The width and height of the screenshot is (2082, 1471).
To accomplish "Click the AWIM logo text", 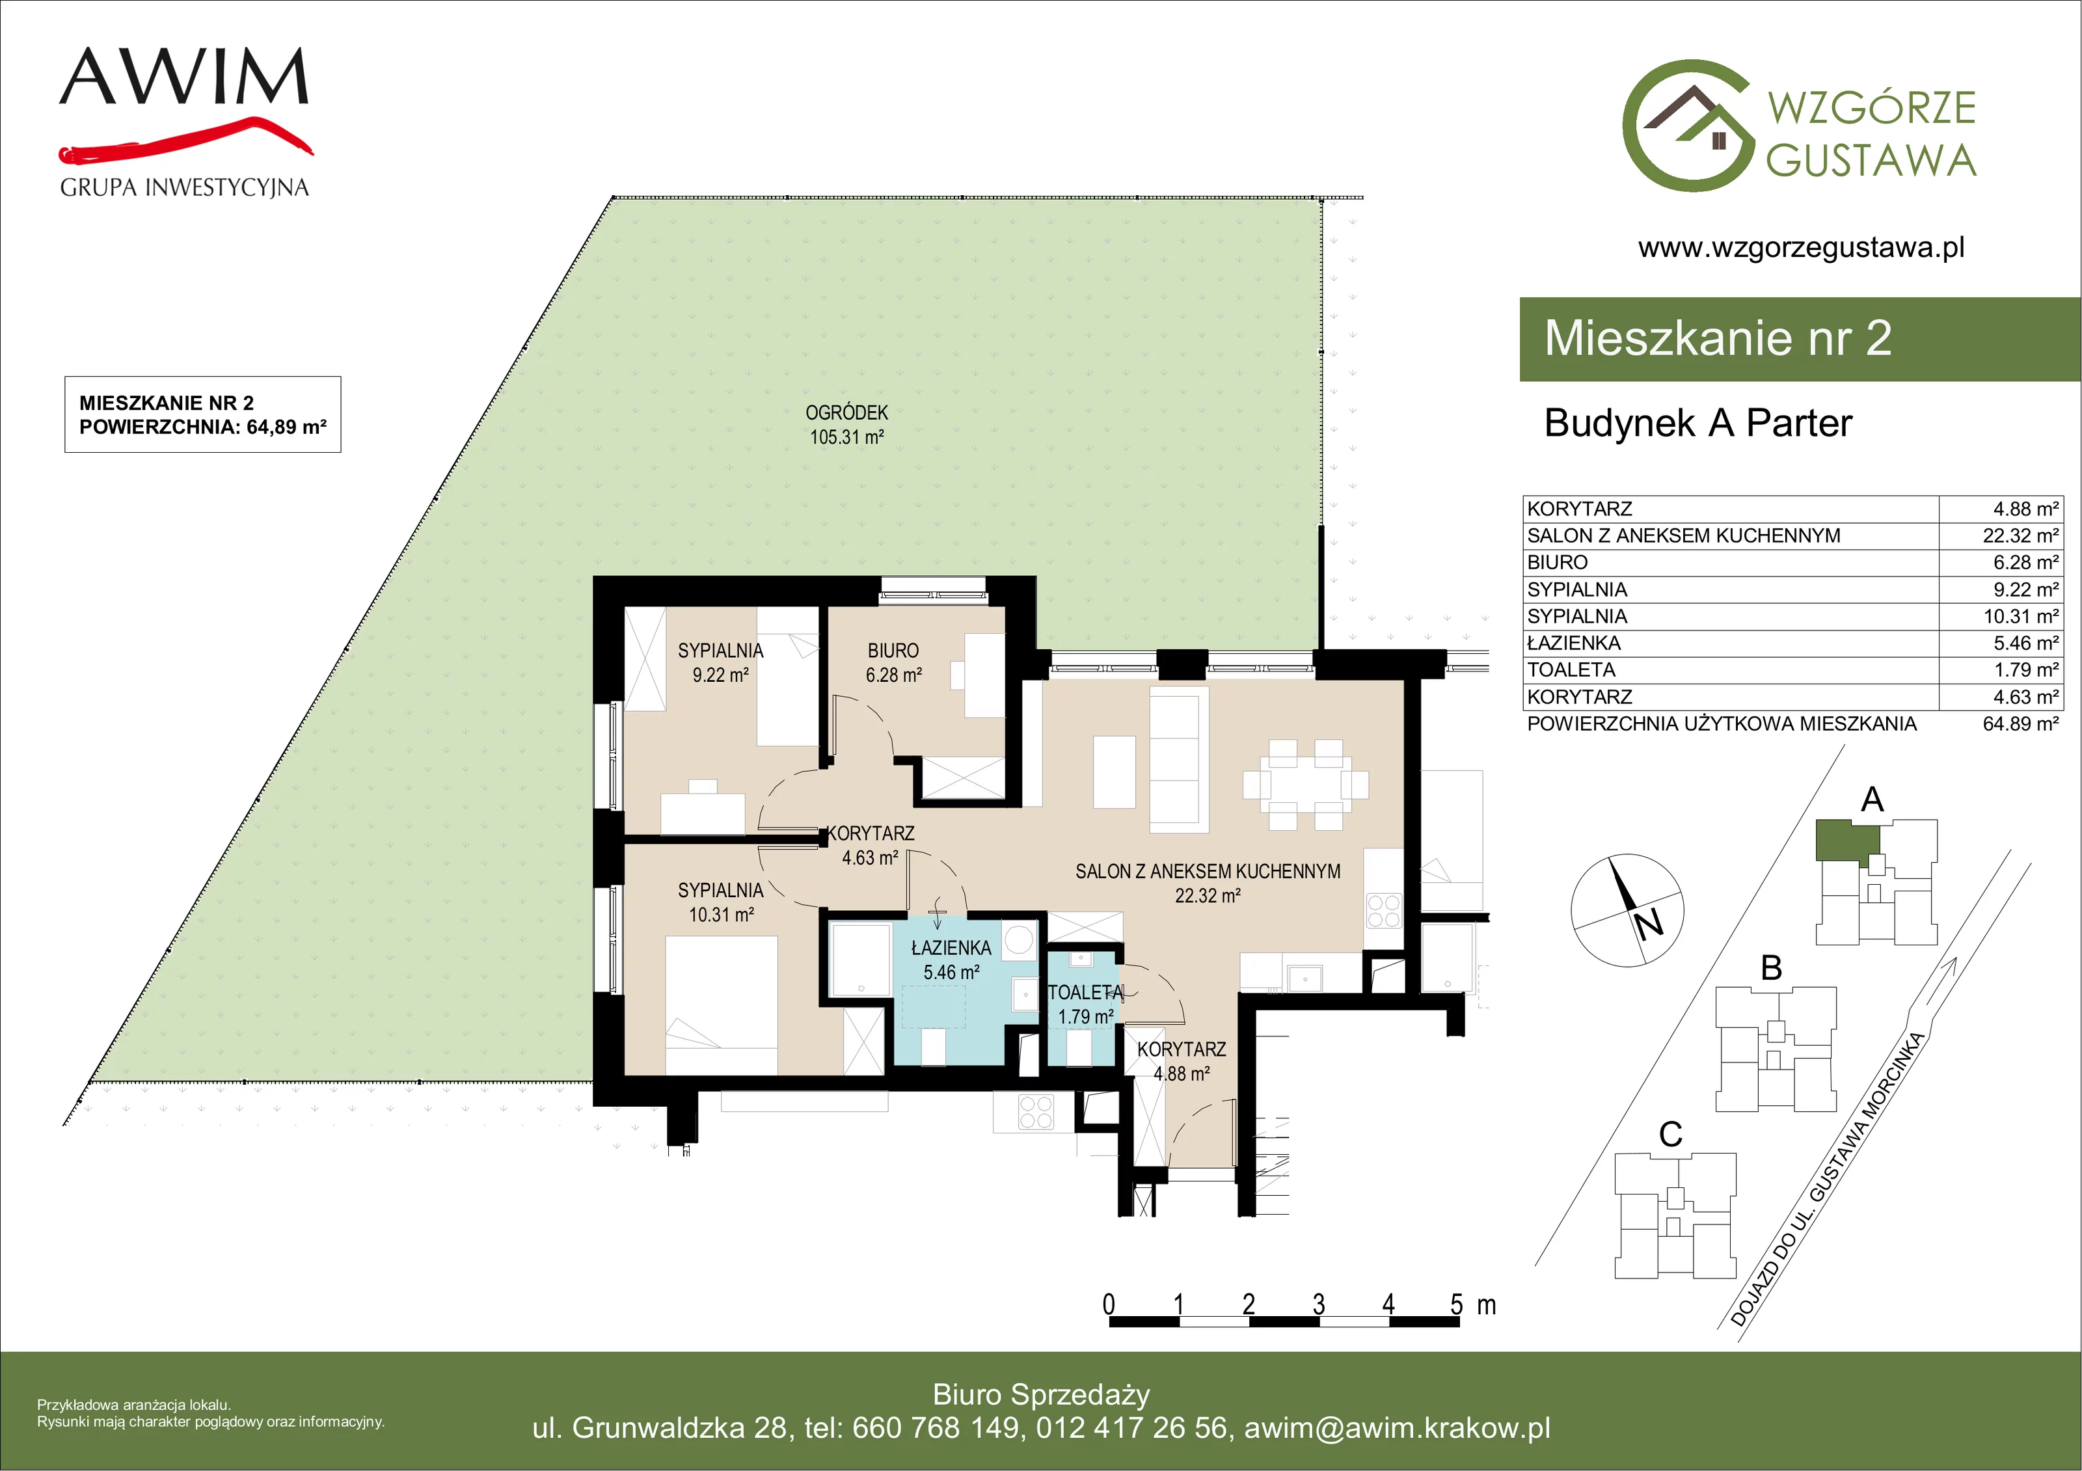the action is tap(184, 76).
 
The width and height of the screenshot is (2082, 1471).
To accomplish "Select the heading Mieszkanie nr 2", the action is tap(1718, 338).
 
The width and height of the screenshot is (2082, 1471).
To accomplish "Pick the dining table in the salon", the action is tap(1306, 785).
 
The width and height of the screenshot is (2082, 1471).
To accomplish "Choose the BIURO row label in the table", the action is tap(1557, 562).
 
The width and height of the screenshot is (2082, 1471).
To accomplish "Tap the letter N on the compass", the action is tap(1649, 924).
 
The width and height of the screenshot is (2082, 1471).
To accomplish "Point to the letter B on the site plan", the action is tap(1771, 969).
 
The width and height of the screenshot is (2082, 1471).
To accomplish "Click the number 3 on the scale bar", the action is tap(1318, 1304).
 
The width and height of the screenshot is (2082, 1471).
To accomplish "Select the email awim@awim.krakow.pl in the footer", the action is tap(1398, 1427).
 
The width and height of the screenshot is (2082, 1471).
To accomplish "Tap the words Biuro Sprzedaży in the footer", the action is tap(1041, 1394).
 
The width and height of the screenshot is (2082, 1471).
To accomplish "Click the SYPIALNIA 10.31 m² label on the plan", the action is tap(721, 902).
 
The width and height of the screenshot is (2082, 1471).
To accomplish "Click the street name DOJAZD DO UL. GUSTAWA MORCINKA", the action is tap(1827, 1179).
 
